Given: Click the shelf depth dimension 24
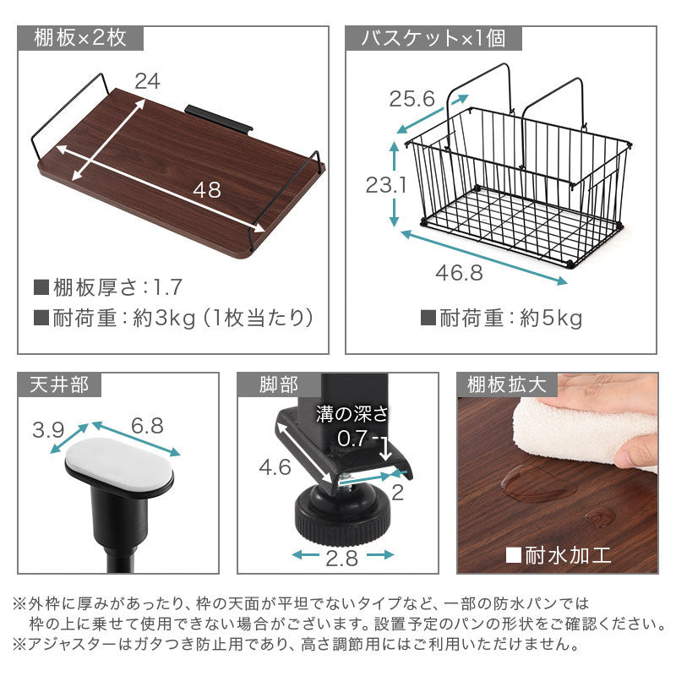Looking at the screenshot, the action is coord(147,81).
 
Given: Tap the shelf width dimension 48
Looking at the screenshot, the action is coord(207,189).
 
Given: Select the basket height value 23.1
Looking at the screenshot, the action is coord(386,185).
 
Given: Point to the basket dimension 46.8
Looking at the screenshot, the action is coord(459,273).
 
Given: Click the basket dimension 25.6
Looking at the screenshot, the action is coord(412,99).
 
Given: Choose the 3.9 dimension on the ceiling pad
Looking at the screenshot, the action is coord(48,430).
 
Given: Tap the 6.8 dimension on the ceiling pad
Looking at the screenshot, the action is coord(147,426).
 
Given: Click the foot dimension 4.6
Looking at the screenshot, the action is coord(275,467).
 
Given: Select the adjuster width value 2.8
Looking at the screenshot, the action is coord(342,559).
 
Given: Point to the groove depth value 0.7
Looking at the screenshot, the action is coord(352,439).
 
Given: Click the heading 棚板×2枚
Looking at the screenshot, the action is coord(80,38).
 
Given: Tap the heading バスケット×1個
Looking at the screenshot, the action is coord(433,38).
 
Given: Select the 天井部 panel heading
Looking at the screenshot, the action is coord(59,384).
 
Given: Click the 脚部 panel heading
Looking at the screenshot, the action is coord(279,384).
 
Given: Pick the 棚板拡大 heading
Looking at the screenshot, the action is coord(507,384).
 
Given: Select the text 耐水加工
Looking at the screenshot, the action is coord(568,555).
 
